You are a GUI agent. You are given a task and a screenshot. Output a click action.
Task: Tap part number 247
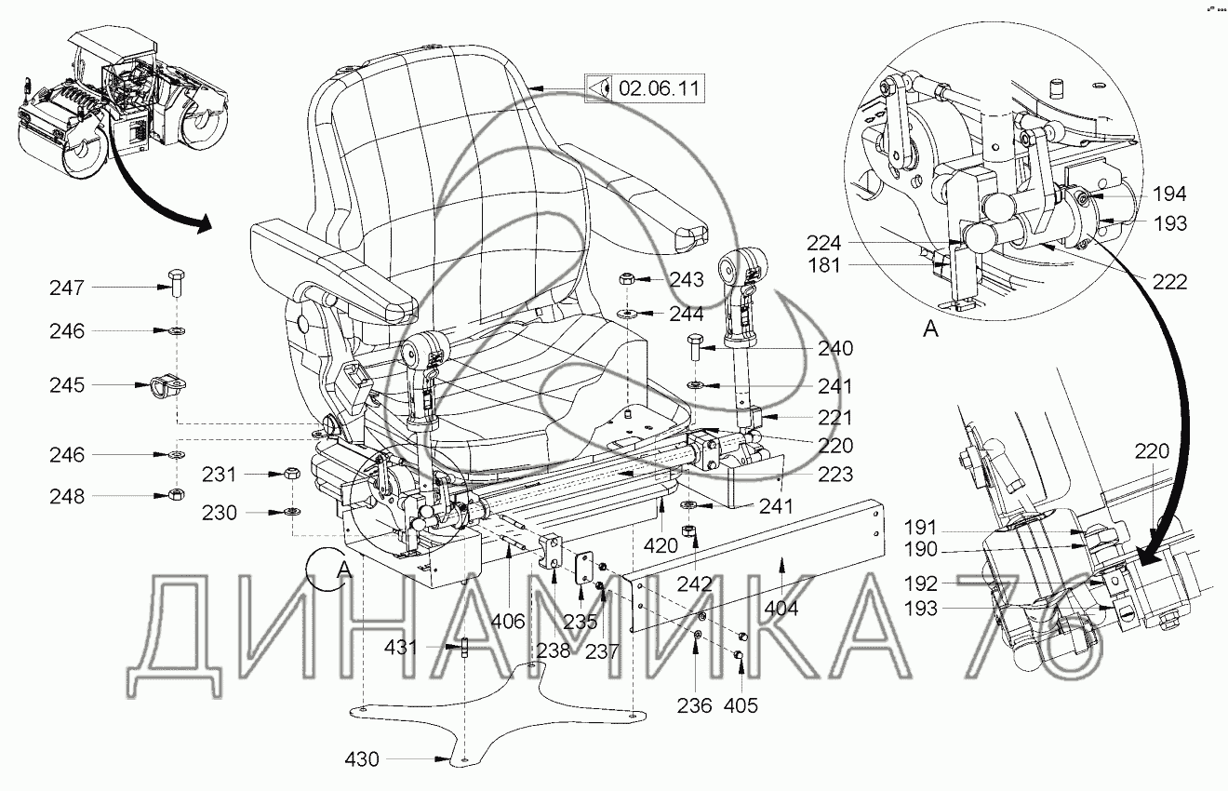(x=67, y=288)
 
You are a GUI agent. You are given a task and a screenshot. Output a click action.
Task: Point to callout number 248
(x=67, y=496)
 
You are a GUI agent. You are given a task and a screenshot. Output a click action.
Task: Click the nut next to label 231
(x=290, y=474)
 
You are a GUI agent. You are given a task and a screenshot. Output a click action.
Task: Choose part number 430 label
(x=361, y=759)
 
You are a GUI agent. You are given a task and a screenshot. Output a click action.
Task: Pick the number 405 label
(x=741, y=706)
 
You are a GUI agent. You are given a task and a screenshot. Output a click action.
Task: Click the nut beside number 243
(x=628, y=278)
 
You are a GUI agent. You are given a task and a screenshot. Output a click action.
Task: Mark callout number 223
(x=835, y=475)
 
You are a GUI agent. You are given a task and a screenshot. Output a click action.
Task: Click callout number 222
(x=1169, y=281)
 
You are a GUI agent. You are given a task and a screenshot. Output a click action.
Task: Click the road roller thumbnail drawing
(x=120, y=102)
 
